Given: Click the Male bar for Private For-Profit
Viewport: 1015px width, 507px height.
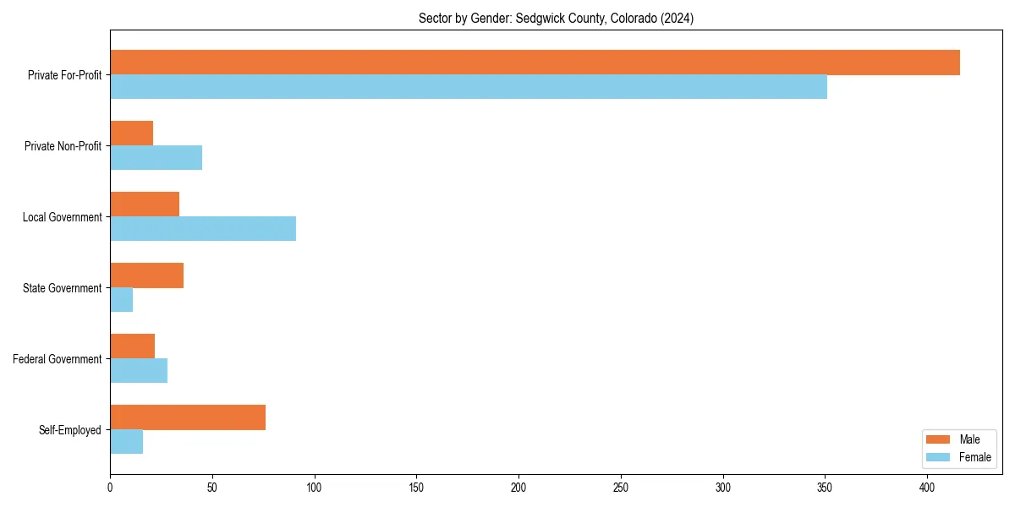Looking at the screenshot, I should pyautogui.click(x=535, y=63).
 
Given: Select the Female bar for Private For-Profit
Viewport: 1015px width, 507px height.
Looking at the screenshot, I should pyautogui.click(x=469, y=87).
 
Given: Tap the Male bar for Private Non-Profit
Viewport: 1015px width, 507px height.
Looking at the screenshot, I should pyautogui.click(x=131, y=134).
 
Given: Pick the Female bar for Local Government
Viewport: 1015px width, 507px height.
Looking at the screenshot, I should pyautogui.click(x=203, y=229).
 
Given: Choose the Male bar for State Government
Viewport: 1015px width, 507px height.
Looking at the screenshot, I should pyautogui.click(x=146, y=275).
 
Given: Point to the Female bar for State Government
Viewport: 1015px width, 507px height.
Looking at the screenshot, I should pyautogui.click(x=121, y=300).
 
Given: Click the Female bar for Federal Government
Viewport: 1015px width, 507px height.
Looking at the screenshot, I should pyautogui.click(x=139, y=371).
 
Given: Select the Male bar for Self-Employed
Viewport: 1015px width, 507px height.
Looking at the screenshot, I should pyautogui.click(x=188, y=417).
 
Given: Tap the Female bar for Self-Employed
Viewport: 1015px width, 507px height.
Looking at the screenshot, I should pyautogui.click(x=126, y=442).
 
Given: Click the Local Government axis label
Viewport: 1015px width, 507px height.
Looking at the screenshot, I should pyautogui.click(x=62, y=217).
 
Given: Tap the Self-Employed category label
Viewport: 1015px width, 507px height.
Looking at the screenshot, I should pyautogui.click(x=70, y=430).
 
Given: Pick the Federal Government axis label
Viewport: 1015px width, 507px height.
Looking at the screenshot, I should pyautogui.click(x=58, y=359).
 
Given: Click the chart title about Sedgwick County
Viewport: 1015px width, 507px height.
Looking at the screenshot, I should pyautogui.click(x=556, y=19).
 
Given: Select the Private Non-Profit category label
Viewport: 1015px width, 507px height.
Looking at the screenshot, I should pyautogui.click(x=63, y=146).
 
